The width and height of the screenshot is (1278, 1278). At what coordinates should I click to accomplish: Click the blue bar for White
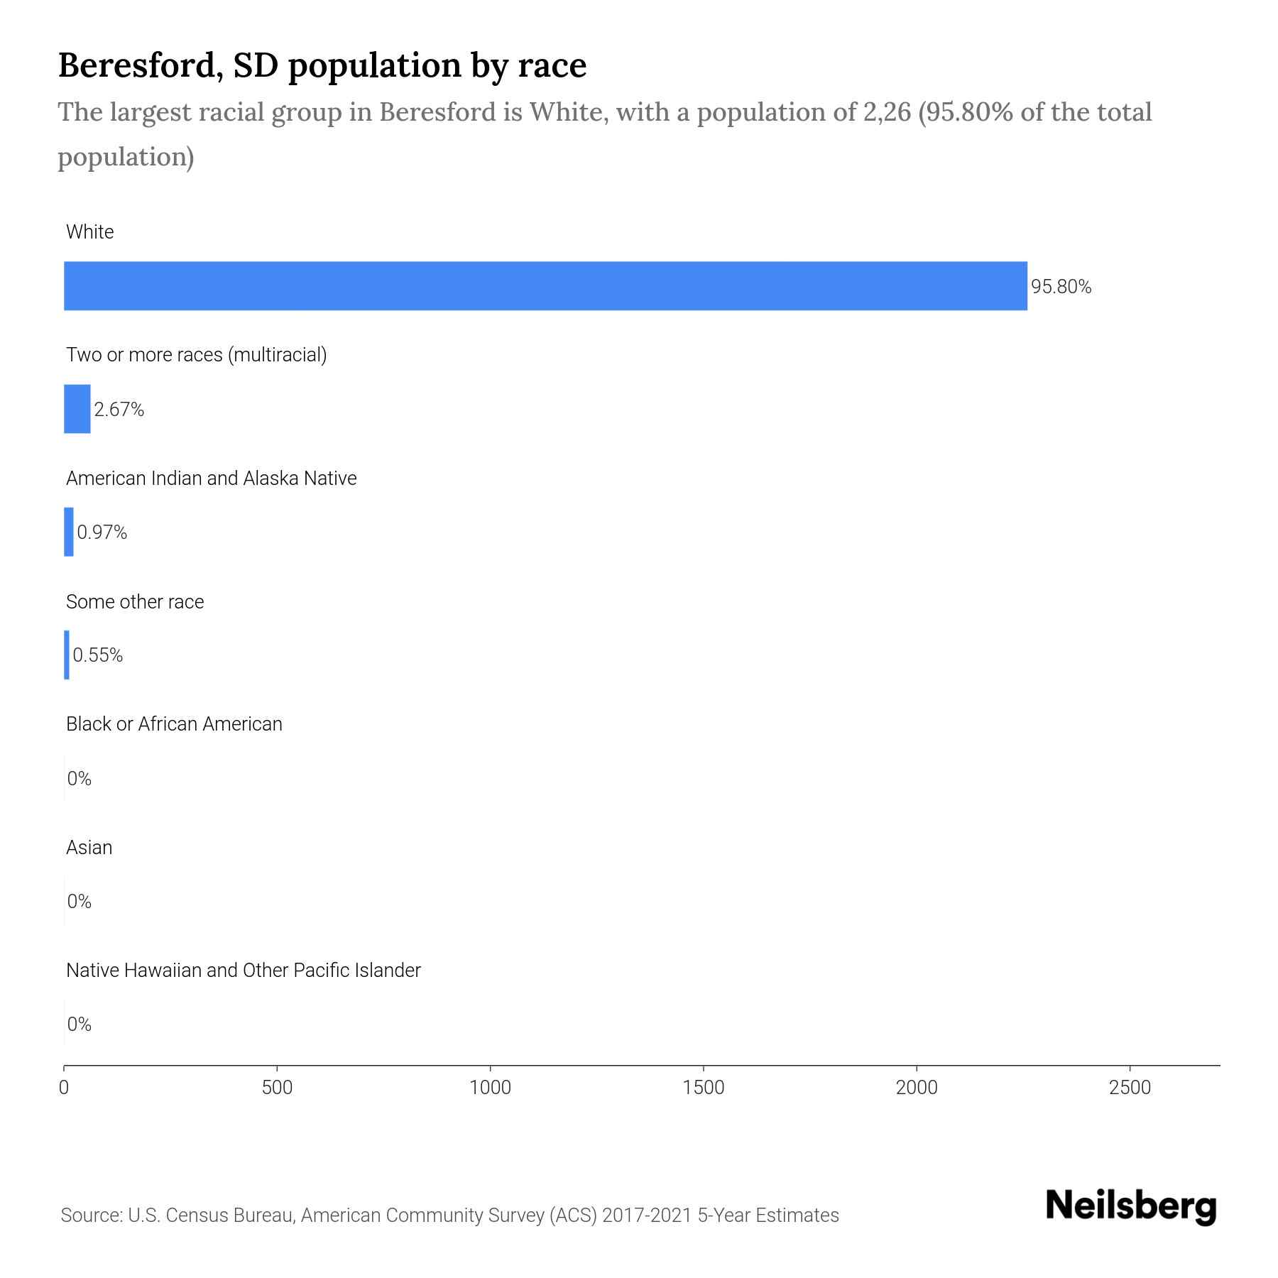pos(545,285)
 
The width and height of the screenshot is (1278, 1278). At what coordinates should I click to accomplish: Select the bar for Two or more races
pos(77,409)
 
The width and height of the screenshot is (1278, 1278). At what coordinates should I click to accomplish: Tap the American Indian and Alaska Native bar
pos(69,532)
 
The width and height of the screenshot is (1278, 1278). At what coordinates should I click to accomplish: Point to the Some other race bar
pos(67,655)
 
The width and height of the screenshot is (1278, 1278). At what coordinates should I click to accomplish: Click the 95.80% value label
pos(1061,287)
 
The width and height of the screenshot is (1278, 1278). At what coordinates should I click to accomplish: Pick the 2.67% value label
pos(119,410)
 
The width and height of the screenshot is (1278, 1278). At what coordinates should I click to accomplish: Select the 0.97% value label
pos(102,532)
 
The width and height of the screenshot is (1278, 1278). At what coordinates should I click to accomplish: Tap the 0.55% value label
pos(98,655)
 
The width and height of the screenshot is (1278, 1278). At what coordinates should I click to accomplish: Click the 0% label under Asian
pos(80,902)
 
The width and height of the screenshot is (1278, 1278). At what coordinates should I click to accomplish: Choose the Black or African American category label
pos(174,724)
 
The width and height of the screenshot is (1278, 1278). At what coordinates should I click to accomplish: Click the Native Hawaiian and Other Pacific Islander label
pos(243,971)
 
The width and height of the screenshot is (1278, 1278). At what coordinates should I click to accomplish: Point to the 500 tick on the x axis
pos(277,1088)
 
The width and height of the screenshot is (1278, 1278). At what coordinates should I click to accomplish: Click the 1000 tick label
pos(491,1088)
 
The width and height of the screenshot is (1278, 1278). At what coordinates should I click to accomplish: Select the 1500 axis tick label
pos(704,1088)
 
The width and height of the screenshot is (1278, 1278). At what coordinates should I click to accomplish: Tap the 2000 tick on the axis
pos(917,1088)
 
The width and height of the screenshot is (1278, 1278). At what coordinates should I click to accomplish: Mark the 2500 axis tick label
pos(1130,1088)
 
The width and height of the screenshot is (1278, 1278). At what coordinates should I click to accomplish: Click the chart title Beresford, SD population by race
pos(322,65)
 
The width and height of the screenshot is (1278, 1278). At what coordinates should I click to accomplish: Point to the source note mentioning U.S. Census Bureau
pos(449,1216)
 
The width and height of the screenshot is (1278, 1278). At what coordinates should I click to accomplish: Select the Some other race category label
pos(135,602)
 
